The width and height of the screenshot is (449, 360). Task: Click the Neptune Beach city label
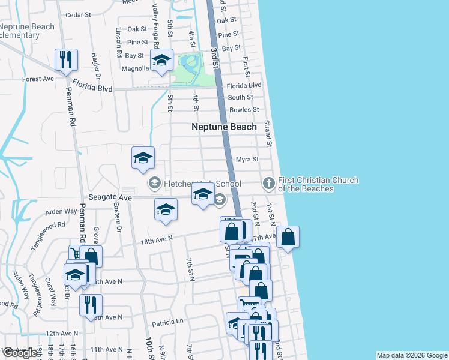coord(224,127)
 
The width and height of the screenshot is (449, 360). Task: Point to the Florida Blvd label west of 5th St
coord(93,88)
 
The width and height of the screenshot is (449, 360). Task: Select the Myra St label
coord(247,160)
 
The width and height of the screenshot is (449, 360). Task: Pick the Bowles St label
coord(243,110)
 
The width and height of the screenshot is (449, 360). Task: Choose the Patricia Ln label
coord(167,322)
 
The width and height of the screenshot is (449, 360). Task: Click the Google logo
coord(20,353)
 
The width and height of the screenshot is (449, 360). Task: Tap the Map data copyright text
coord(411,355)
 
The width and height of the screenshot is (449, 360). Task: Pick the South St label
coord(240,97)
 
